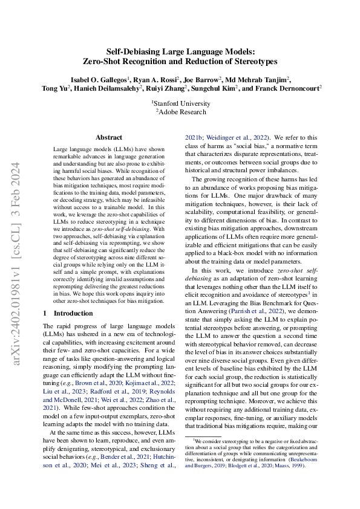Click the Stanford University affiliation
180,103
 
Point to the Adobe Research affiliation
180,111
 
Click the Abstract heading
109,138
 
